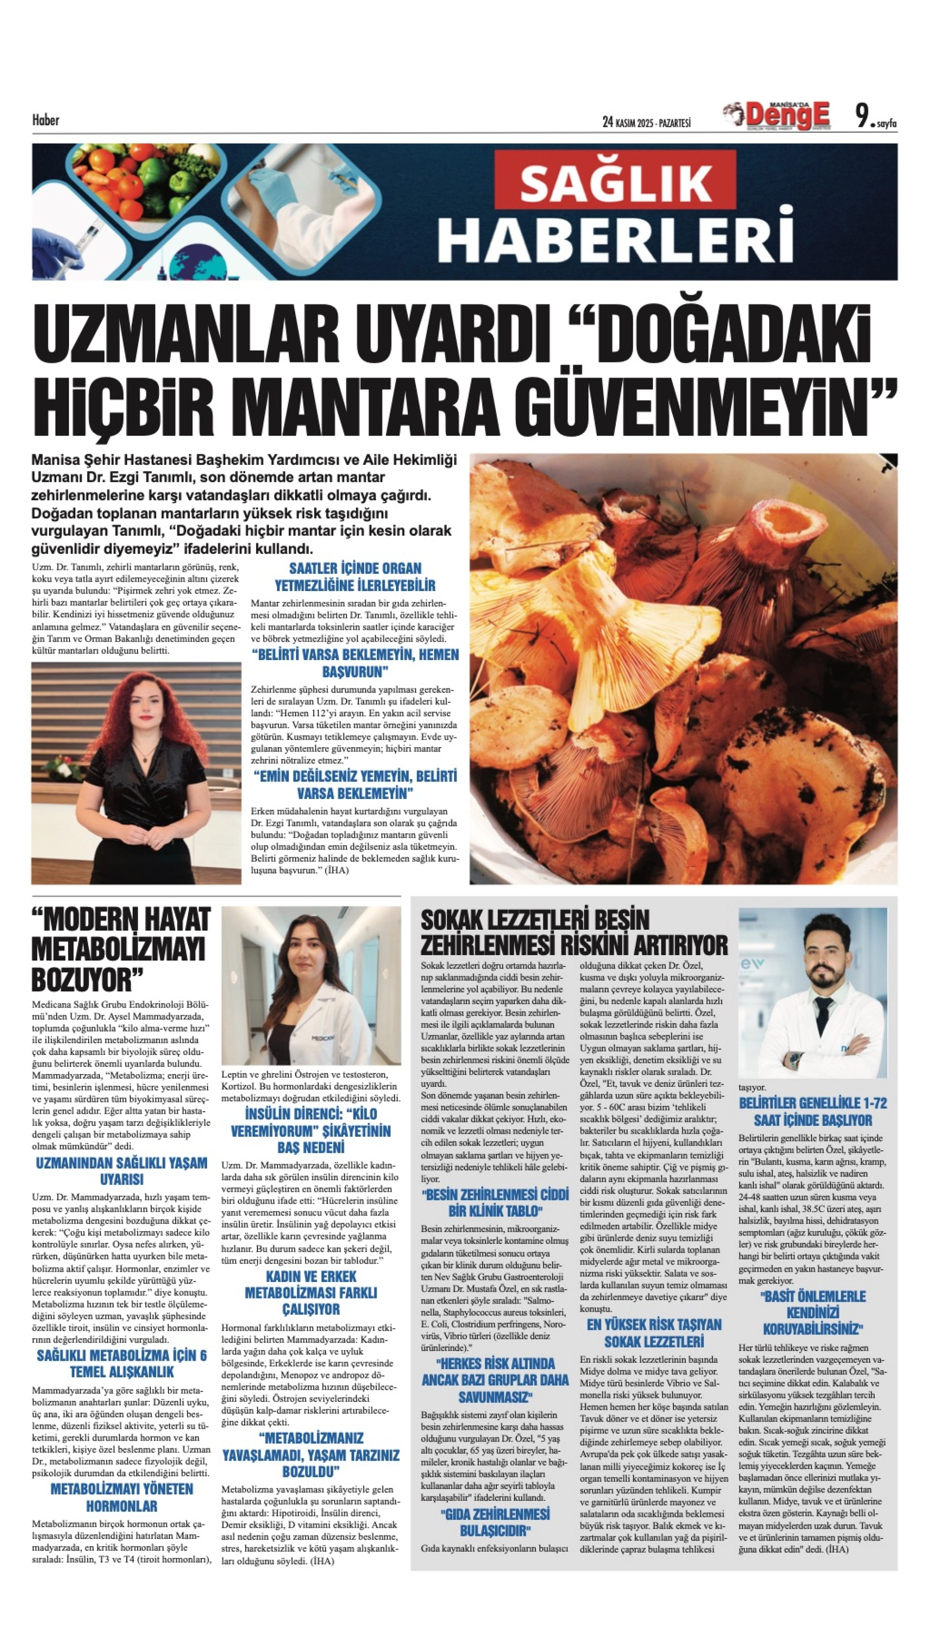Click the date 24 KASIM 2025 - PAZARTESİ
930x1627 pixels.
(647, 122)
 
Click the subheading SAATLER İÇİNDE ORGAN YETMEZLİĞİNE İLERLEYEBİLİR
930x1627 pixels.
(355, 576)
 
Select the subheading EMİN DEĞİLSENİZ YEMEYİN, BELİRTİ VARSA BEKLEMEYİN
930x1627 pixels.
(355, 785)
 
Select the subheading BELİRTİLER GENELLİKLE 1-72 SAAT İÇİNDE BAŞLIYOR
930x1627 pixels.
(813, 1112)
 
